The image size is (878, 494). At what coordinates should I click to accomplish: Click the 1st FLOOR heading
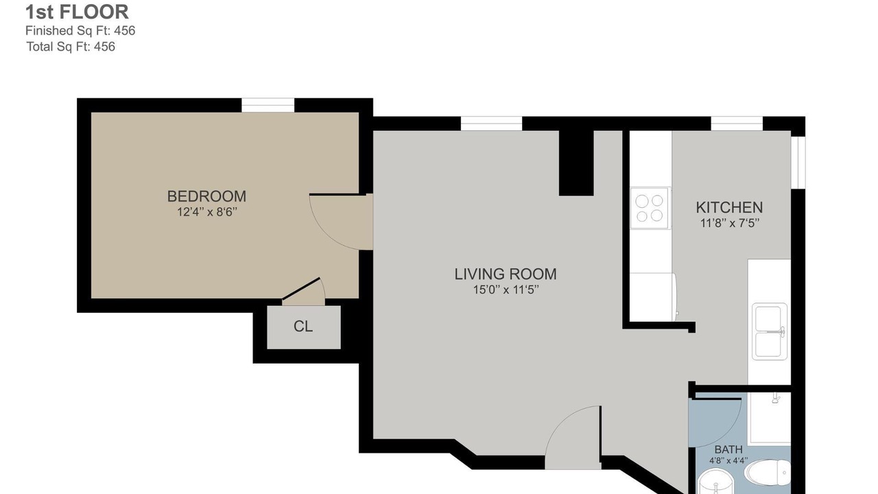coord(77,12)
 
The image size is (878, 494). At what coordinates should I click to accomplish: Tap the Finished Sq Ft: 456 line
coord(80,31)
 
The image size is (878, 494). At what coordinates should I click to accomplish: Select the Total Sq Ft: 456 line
coord(71,47)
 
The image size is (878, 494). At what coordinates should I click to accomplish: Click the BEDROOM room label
coord(206,196)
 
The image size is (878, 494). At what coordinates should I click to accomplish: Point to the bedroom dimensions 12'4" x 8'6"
coord(207,212)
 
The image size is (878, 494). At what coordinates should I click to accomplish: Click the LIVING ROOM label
coord(506,274)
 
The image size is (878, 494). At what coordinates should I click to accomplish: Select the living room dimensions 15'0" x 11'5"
coord(506,290)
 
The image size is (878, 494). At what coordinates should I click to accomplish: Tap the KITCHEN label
coord(729,207)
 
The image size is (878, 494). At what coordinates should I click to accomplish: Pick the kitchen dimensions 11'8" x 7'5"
coord(729,223)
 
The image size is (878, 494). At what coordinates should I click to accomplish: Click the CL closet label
coord(303,326)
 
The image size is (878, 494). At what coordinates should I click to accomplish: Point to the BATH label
coord(728,449)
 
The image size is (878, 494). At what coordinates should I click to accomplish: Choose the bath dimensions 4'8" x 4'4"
coord(728,460)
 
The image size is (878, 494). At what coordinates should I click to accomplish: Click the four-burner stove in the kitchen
coord(649,208)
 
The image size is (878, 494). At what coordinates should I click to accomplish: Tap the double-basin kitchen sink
coord(769,331)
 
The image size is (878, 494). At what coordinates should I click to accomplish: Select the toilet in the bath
coord(768,473)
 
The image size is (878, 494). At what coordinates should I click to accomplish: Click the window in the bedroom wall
coord(268,105)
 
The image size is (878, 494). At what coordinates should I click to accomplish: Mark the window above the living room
coord(491,123)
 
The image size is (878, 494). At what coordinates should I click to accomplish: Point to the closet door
coord(301,289)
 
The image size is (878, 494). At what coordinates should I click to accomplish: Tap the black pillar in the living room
coord(576,163)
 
